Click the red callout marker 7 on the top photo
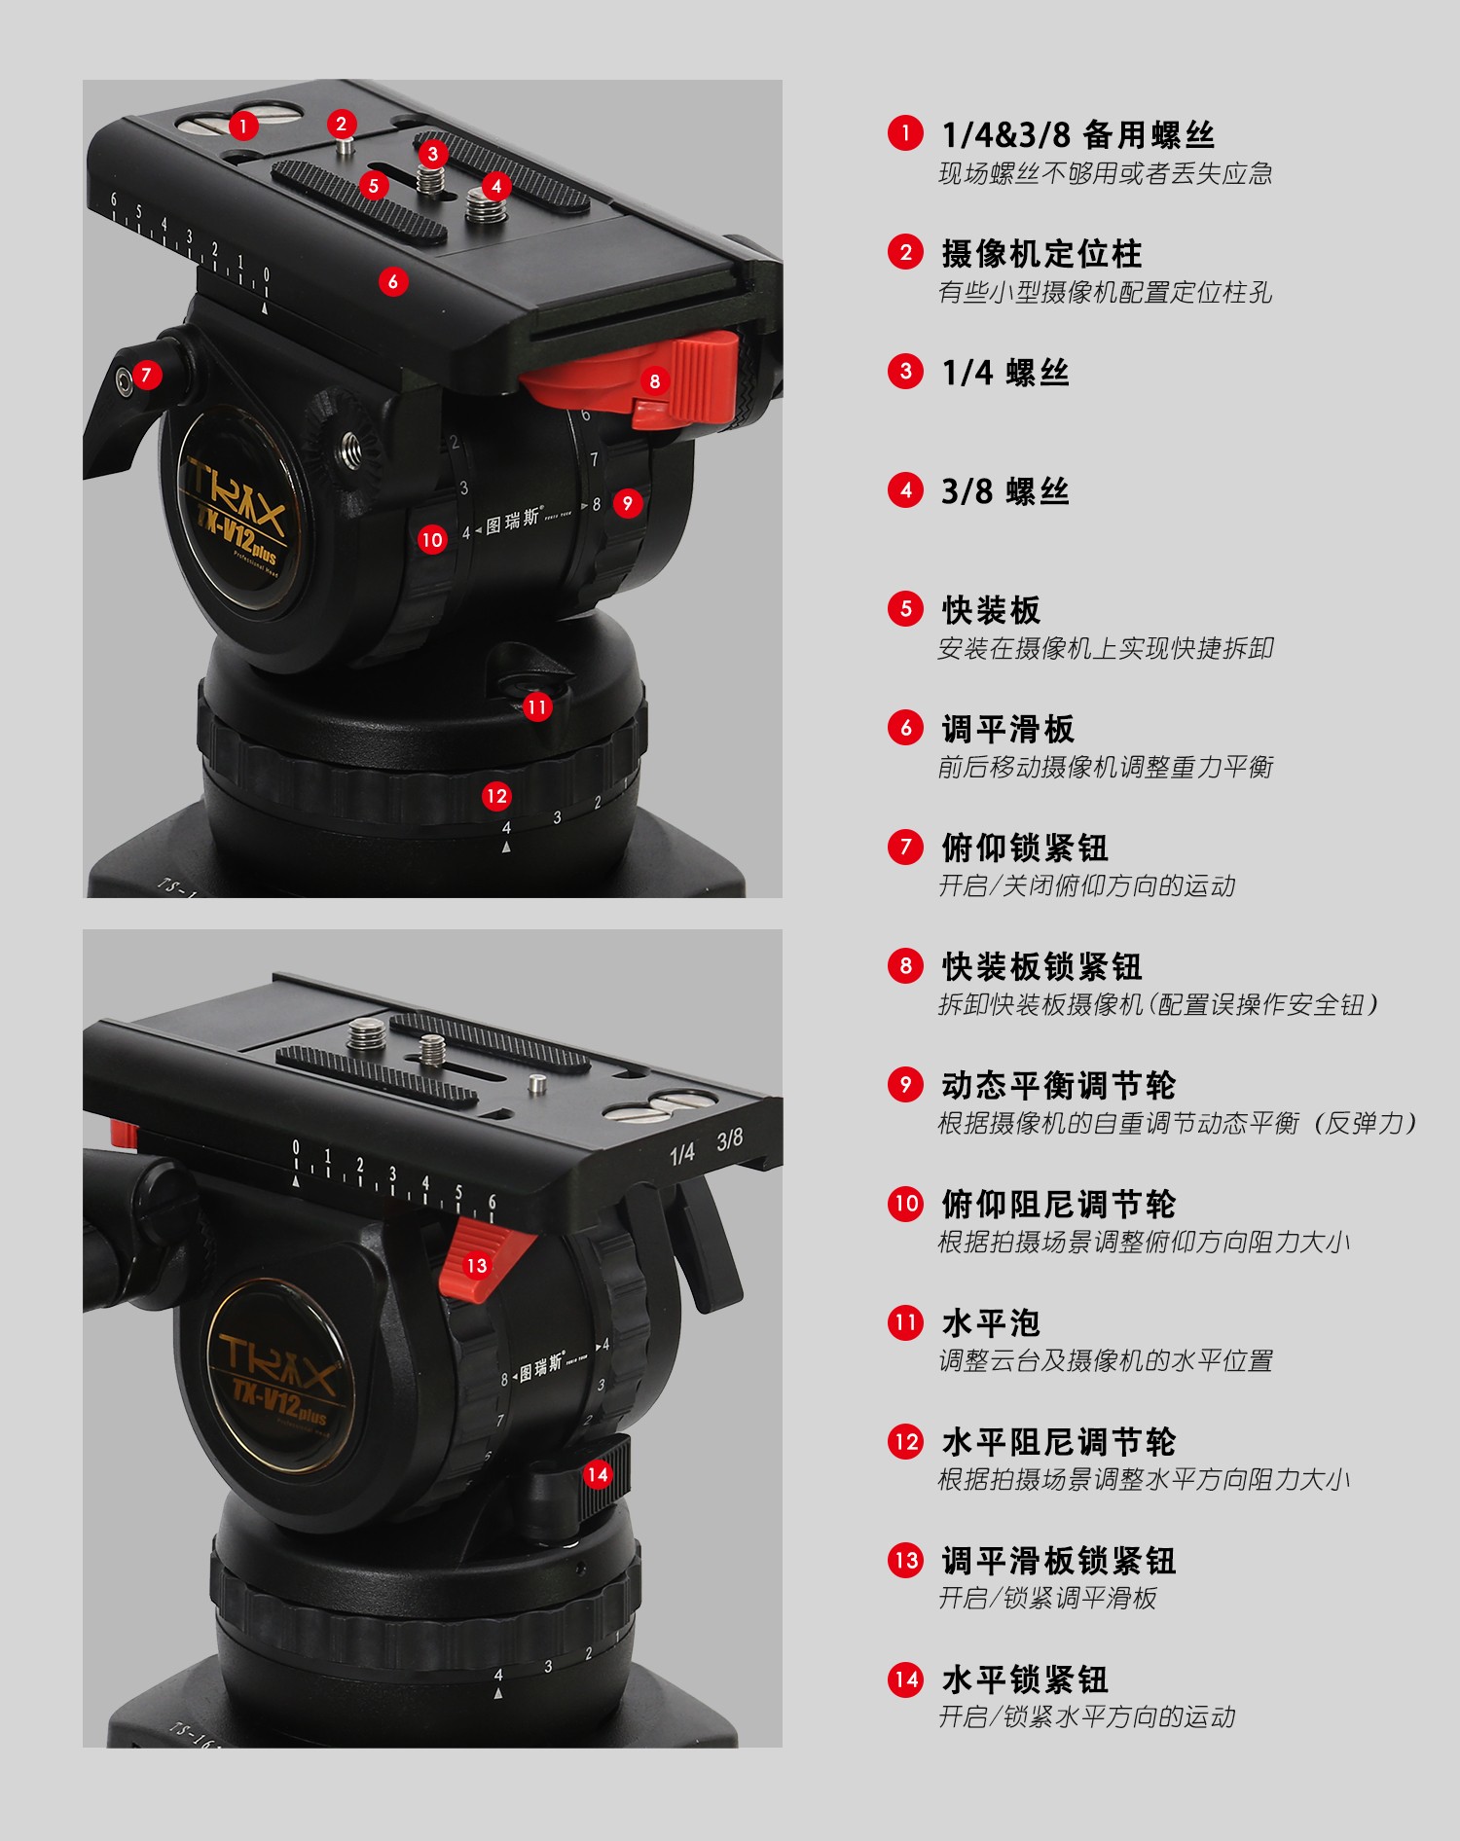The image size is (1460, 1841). pyautogui.click(x=146, y=375)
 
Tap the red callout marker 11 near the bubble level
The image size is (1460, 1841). pyautogui.click(x=536, y=707)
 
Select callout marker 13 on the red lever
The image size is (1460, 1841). pyautogui.click(x=476, y=1265)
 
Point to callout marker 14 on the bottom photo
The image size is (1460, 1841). pyautogui.click(x=597, y=1474)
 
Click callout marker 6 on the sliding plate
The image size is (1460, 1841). pyautogui.click(x=392, y=282)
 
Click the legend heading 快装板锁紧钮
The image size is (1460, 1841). pyautogui.click(x=1041, y=966)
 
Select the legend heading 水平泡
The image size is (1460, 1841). pyautogui.click(x=991, y=1322)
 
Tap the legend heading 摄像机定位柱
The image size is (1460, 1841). pyautogui.click(x=1041, y=253)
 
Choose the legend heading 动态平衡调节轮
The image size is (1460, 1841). pyautogui.click(x=1058, y=1085)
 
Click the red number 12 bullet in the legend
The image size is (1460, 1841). pyautogui.click(x=905, y=1441)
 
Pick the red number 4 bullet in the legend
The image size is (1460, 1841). pyautogui.click(x=905, y=490)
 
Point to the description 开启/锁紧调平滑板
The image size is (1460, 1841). pyautogui.click(x=1047, y=1598)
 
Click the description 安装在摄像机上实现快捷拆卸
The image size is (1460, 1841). pyautogui.click(x=1106, y=648)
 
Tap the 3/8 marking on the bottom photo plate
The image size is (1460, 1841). pyautogui.click(x=729, y=1138)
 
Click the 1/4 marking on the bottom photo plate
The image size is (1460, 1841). pyautogui.click(x=682, y=1153)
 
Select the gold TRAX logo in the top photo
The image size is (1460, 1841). pyautogui.click(x=237, y=497)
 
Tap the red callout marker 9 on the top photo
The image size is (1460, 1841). pyautogui.click(x=627, y=503)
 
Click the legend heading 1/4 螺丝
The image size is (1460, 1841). pyautogui.click(x=1005, y=372)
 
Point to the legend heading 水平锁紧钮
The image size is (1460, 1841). pyautogui.click(x=1025, y=1679)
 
